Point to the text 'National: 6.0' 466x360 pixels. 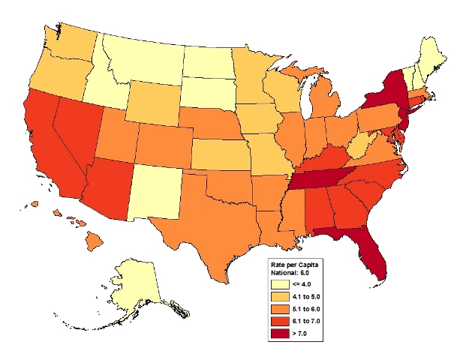coord(291,274)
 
